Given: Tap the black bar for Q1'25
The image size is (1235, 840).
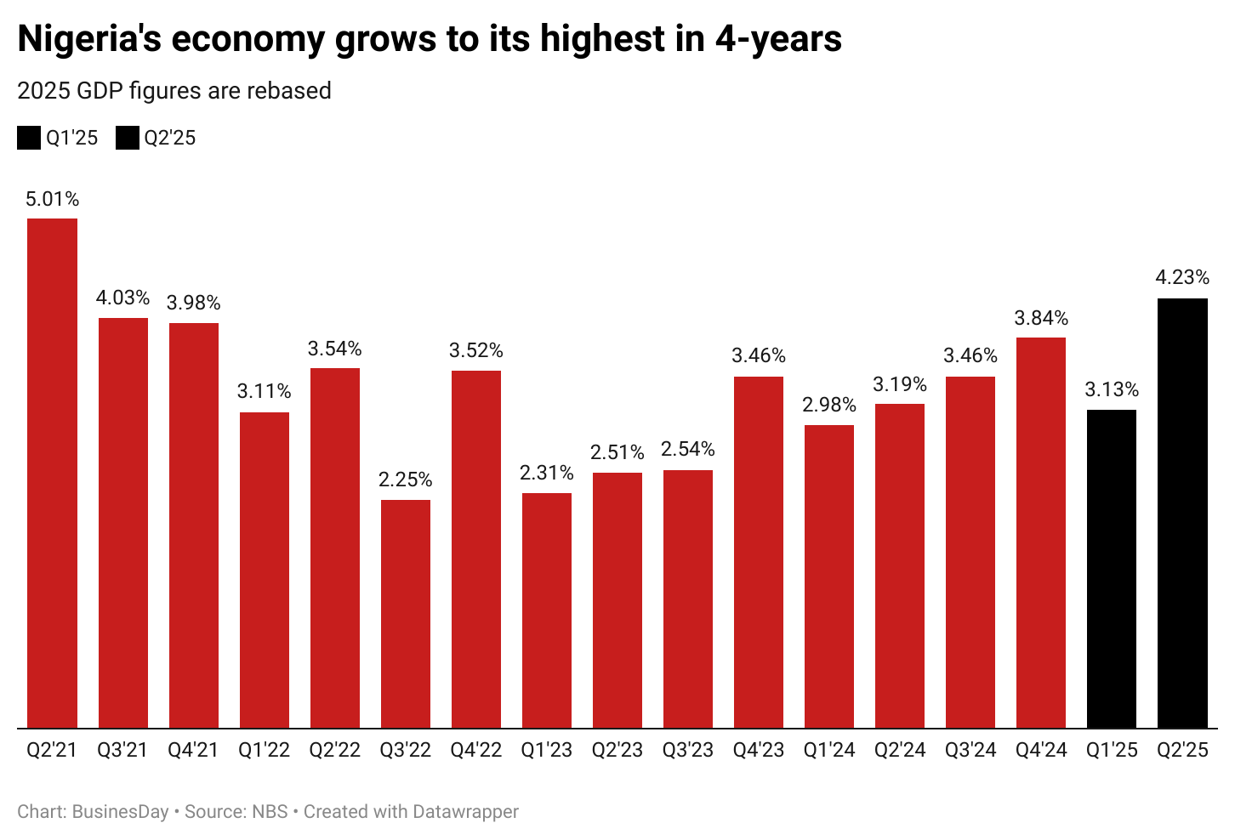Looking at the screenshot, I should tap(1112, 569).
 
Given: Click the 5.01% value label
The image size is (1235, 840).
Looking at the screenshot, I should tap(52, 199).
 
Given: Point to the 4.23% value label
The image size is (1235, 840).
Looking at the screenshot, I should tap(1182, 277).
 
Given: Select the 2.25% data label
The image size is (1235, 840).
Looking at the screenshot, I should tap(406, 480).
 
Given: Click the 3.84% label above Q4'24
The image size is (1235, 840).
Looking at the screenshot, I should tap(1041, 318).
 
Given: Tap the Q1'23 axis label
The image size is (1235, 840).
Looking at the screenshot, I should tap(547, 750).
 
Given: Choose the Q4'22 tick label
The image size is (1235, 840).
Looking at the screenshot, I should tap(476, 750).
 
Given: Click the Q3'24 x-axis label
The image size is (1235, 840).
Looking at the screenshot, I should tap(970, 750).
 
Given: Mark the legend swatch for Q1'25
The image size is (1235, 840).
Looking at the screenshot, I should tap(29, 138).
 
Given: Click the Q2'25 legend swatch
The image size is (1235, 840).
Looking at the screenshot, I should tap(128, 138).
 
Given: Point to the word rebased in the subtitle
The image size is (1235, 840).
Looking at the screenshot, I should tap(291, 91).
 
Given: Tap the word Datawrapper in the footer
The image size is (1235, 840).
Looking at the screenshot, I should tap(464, 812).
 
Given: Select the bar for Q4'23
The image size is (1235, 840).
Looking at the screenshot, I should tap(759, 552).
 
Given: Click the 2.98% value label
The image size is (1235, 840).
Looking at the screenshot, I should tap(829, 405).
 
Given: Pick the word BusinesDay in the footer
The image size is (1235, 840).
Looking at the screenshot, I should tap(120, 812).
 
